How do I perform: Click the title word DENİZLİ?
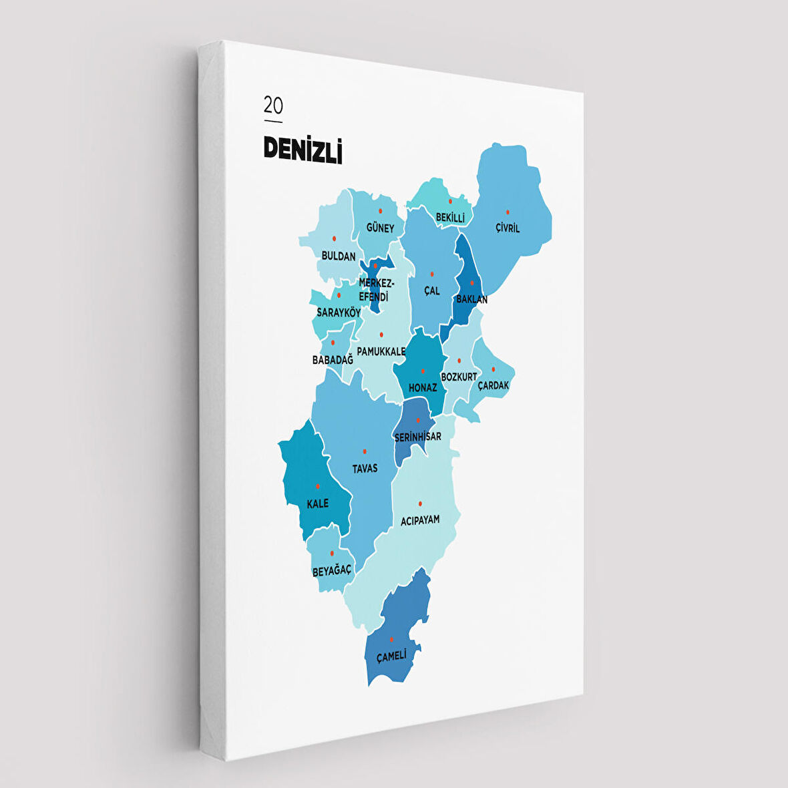point(303,149)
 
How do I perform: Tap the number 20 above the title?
point(273,106)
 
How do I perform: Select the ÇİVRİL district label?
point(508,228)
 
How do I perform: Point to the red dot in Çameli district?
point(391,639)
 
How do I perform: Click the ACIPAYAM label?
point(420,520)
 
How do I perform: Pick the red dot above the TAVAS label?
point(365,451)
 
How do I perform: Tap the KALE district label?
point(318,504)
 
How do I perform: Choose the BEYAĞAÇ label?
point(332,571)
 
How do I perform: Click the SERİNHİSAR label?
point(418,437)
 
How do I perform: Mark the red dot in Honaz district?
point(423,371)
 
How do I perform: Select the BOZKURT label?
point(459,377)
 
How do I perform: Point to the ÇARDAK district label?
point(494,385)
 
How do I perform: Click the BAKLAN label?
point(471,299)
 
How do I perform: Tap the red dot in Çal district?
point(432,274)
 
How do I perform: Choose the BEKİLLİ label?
point(450,218)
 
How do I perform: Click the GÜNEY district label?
point(381,228)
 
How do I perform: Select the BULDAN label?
point(339,256)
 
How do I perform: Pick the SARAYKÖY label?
point(339,313)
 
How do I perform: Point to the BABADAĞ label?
point(333,360)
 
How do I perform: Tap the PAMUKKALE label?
point(381,351)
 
